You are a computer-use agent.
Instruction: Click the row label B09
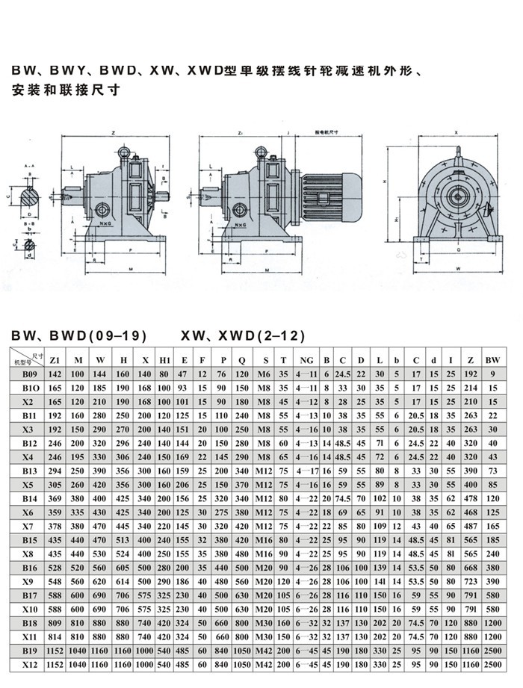pos(28,373)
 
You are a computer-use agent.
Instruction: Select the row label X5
pos(28,483)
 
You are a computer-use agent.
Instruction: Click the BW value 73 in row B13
pos(492,470)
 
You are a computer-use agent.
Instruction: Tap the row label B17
pos(28,595)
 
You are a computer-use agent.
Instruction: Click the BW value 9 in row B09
pos(492,373)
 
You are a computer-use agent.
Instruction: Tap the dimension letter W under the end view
pos(457,267)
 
